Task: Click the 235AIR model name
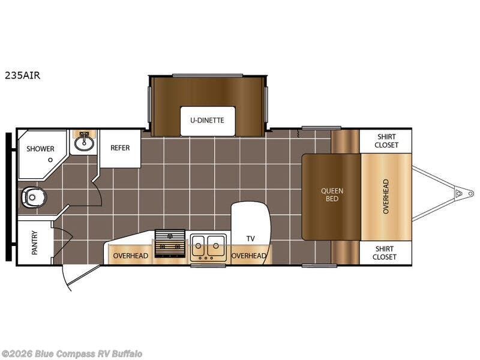click(x=22, y=76)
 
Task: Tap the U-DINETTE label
click(x=207, y=121)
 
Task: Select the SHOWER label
click(x=40, y=149)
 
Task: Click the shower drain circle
click(x=50, y=160)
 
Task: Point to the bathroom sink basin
click(x=83, y=143)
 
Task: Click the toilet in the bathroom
click(x=33, y=197)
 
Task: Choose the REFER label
click(x=120, y=148)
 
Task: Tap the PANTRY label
click(x=35, y=243)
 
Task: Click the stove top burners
click(x=170, y=244)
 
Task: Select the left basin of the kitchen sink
click(x=199, y=245)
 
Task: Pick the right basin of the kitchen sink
click(x=216, y=245)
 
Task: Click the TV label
click(x=250, y=238)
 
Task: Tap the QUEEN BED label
click(x=332, y=194)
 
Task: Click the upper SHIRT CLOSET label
click(x=386, y=141)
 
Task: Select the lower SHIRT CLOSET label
click(x=385, y=253)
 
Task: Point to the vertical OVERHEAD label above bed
click(x=386, y=197)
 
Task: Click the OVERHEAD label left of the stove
click(x=131, y=256)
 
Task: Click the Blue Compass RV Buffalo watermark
click(x=71, y=354)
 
